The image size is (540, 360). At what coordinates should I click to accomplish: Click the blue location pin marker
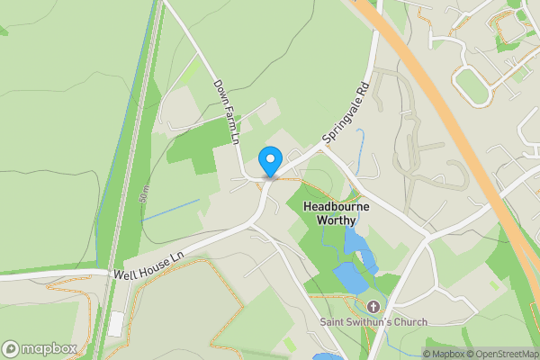click(x=269, y=161)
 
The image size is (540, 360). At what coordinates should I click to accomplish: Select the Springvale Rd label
click(x=346, y=115)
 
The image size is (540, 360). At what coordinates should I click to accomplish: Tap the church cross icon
click(x=373, y=306)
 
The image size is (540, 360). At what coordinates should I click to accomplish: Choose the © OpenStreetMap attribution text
click(x=504, y=354)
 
